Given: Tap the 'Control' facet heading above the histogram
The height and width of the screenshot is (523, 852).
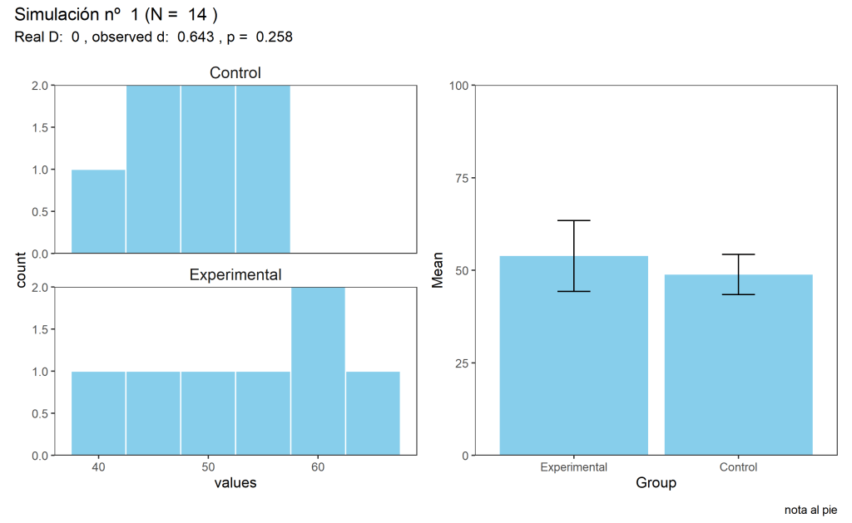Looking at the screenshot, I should pos(235,73).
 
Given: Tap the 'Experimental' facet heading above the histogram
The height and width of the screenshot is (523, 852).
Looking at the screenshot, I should pos(235,275).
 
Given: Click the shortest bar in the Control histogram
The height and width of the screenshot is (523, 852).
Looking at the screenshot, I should pos(98,211).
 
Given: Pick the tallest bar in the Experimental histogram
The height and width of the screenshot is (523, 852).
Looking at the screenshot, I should pos(318,371).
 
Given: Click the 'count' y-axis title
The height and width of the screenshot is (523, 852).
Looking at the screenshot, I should pos(22,270).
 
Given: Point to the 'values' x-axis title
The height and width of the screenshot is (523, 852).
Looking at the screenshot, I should pos(235,482).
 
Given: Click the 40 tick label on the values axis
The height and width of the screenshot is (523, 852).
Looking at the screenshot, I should pos(99,466).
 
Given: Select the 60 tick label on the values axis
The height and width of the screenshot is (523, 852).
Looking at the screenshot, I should pos(318,466).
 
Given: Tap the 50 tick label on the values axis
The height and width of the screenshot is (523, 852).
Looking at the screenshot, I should pos(208,466).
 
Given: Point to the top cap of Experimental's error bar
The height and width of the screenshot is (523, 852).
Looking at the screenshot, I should pos(573,220).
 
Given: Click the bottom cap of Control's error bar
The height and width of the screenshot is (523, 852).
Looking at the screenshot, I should pos(738,294).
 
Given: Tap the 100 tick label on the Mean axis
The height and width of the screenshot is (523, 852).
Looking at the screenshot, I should pos(458,85).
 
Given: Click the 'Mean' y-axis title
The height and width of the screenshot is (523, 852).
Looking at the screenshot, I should pos(438,270).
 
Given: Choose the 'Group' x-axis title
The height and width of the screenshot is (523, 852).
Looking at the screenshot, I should pos(656,482).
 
